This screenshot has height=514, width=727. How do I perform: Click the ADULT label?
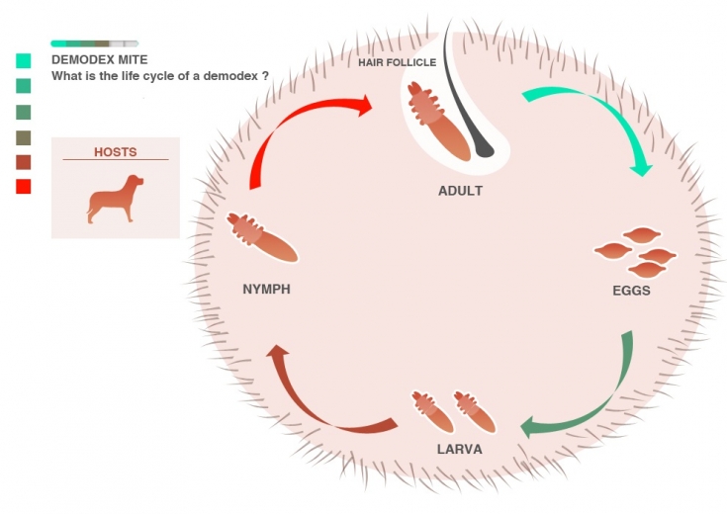(460, 191)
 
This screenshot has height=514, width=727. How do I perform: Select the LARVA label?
(459, 450)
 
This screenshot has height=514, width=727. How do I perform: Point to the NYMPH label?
(266, 290)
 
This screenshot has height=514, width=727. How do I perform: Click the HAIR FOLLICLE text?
(397, 62)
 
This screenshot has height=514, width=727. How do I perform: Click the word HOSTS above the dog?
(115, 152)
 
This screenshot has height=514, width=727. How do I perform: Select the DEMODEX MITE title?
(99, 59)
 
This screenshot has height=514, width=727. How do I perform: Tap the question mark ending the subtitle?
(266, 76)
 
